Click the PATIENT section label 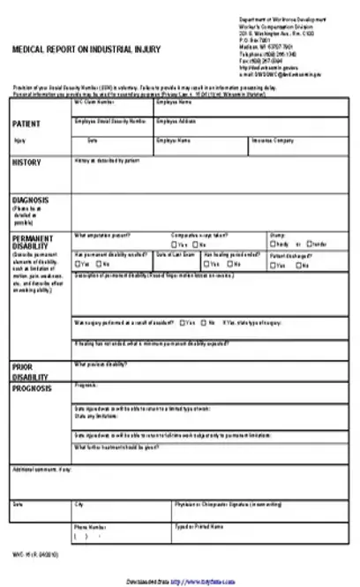26,124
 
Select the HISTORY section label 26,162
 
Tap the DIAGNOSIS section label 30,200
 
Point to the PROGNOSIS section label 33,388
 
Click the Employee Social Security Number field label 110,120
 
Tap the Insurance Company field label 271,139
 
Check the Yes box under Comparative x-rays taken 175,244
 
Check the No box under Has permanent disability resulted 99,264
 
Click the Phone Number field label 89,525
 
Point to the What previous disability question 101,364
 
